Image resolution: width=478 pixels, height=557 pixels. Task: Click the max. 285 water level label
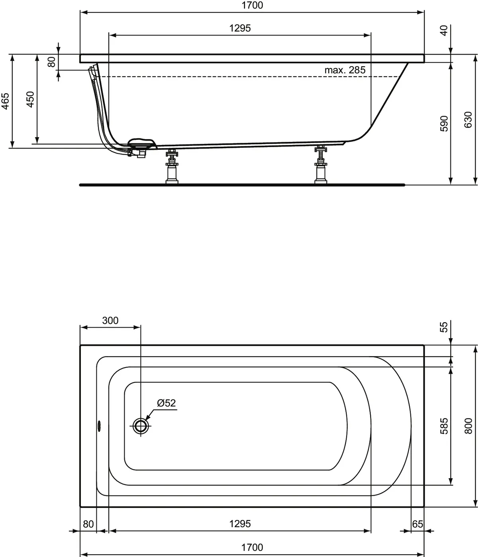click(345, 70)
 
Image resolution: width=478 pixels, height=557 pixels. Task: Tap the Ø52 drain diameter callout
click(166, 403)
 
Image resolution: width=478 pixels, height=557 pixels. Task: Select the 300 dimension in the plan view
click(110, 320)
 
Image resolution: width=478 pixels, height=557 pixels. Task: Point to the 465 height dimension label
click(6, 101)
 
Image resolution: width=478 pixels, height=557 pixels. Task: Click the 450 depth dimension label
click(30, 100)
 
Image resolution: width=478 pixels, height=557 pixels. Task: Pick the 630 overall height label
click(468, 120)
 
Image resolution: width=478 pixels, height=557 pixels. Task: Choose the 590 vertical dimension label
click(444, 124)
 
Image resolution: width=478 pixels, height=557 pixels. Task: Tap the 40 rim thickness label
click(444, 30)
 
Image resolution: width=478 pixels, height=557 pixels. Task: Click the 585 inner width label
click(444, 426)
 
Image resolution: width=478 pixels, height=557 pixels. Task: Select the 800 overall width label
click(468, 426)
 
